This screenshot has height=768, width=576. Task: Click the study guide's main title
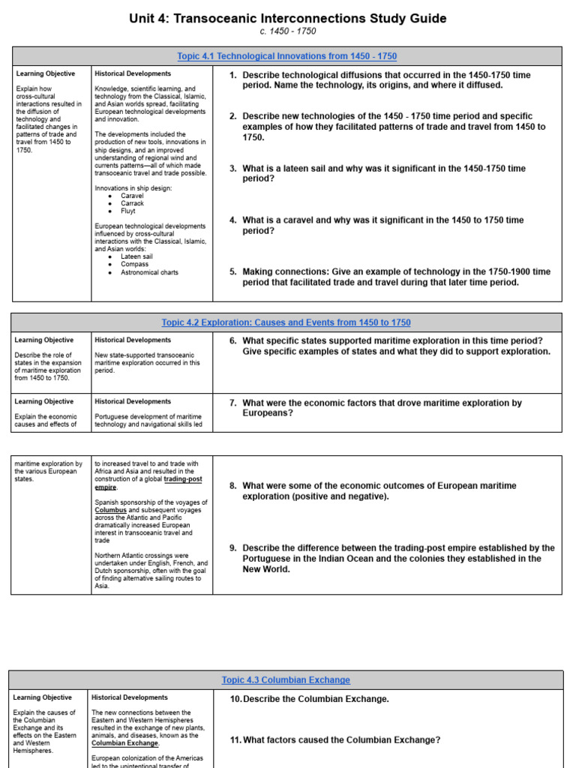click(x=287, y=18)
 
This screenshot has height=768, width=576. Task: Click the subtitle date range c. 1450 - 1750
click(x=287, y=31)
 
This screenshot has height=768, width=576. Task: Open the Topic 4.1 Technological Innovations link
click(x=287, y=56)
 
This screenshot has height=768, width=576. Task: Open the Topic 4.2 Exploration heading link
click(x=286, y=322)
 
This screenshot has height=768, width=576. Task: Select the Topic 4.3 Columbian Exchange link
click(x=286, y=679)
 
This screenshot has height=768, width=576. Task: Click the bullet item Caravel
click(x=132, y=196)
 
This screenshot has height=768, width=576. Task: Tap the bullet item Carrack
click(x=132, y=203)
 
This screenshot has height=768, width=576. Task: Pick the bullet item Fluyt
click(x=129, y=211)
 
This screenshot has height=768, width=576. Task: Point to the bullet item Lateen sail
click(x=136, y=256)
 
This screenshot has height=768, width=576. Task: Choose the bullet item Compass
click(x=134, y=264)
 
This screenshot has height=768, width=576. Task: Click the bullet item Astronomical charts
click(x=149, y=272)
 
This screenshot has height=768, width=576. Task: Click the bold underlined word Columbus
click(x=111, y=510)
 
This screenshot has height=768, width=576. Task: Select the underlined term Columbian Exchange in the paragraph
click(x=124, y=743)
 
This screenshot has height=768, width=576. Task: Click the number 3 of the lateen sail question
click(x=233, y=169)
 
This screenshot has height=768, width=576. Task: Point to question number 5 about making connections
click(x=233, y=271)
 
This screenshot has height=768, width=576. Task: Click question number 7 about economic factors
click(x=233, y=403)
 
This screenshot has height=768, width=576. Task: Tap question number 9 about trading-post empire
click(x=233, y=547)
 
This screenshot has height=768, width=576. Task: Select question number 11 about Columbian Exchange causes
click(x=236, y=739)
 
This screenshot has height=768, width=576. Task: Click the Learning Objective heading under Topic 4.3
click(x=43, y=697)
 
